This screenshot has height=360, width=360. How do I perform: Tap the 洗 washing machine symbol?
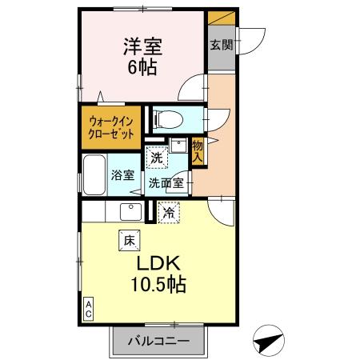158,158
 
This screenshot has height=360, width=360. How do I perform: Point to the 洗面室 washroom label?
166,182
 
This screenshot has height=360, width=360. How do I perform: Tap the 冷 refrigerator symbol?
169,213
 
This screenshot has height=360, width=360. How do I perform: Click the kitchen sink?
130,212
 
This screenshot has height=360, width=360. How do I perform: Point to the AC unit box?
89,308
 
